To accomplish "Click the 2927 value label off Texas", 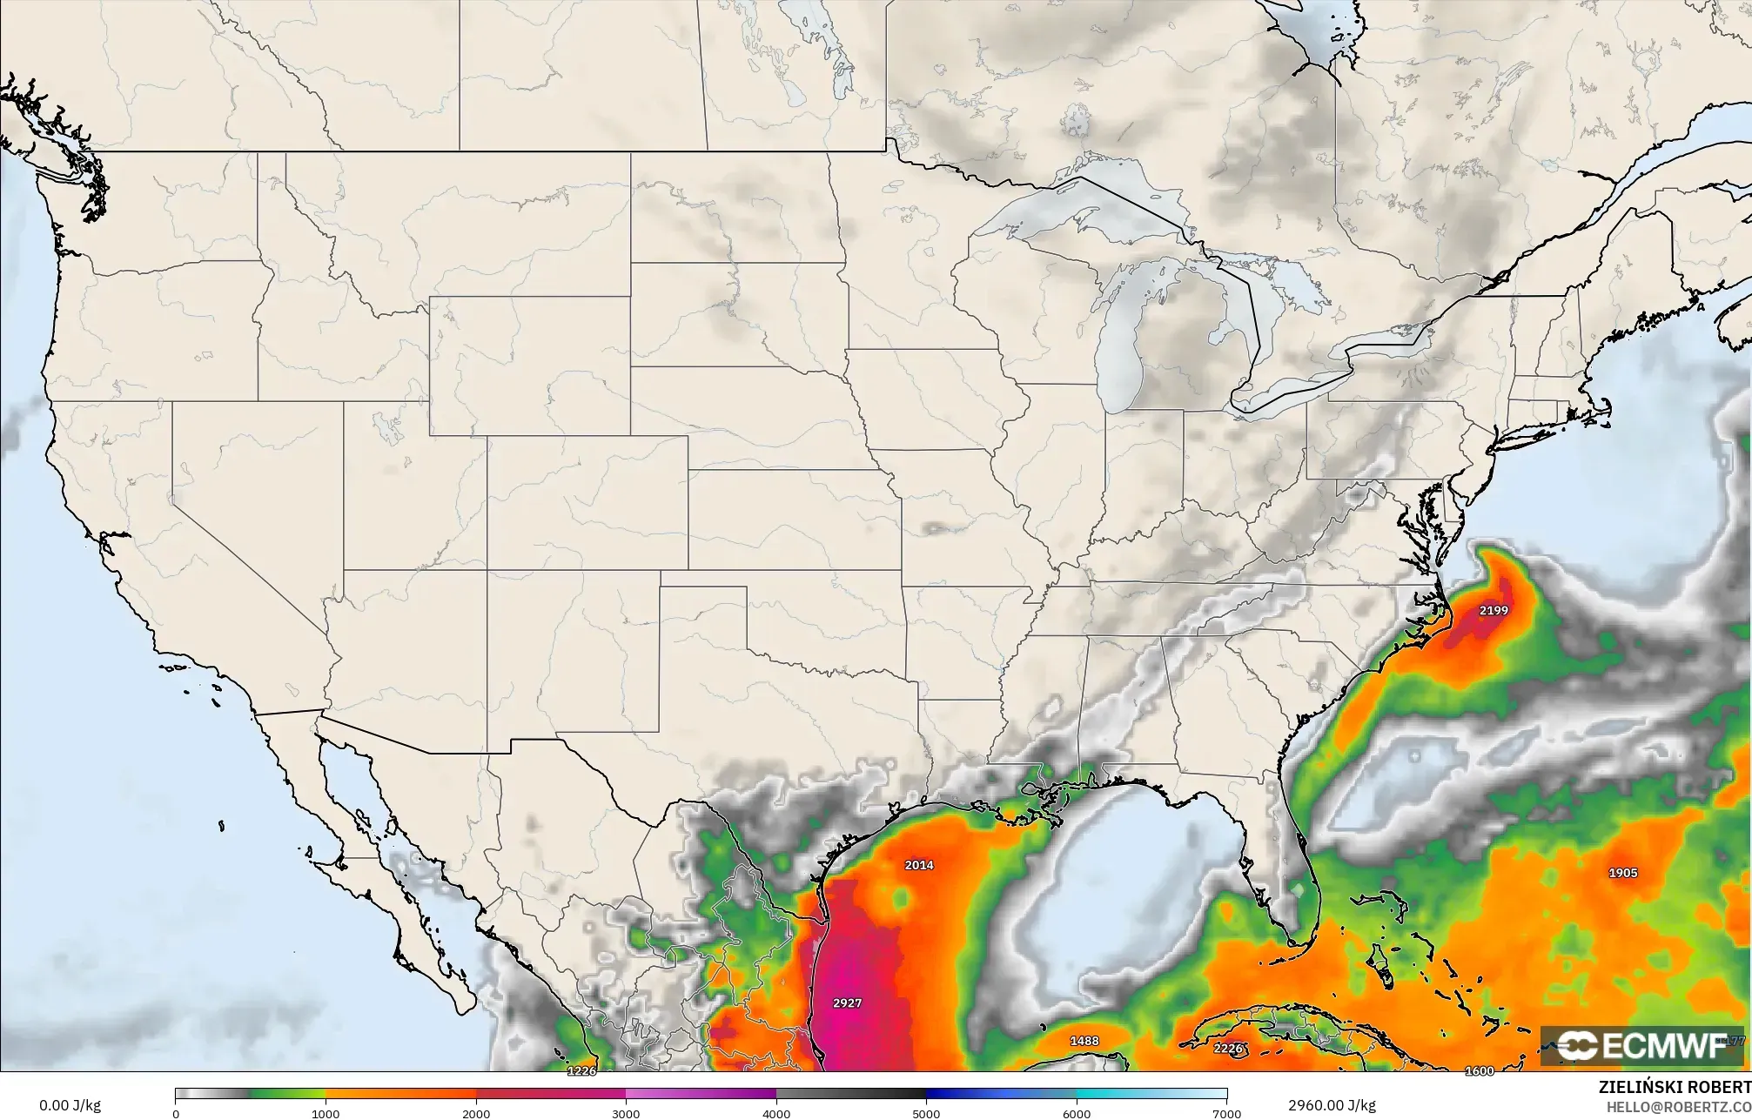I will [847, 1003].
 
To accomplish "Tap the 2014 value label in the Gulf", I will [919, 865].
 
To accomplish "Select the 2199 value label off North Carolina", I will [1494, 611].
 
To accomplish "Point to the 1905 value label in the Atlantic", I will [1623, 873].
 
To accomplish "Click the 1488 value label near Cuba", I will [1084, 1041].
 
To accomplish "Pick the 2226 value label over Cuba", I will [1227, 1049].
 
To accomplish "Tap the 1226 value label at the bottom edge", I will [581, 1071].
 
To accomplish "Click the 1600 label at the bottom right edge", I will [1480, 1071].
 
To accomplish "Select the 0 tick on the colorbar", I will [176, 1113].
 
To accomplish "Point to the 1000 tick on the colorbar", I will [326, 1113].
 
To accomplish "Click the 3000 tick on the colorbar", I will [626, 1113].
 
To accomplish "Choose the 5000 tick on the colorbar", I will [926, 1113].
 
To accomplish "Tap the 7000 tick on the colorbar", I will [1226, 1113].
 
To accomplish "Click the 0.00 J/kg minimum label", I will [70, 1106].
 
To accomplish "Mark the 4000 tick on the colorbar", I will [776, 1113].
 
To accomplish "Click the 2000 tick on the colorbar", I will [476, 1113].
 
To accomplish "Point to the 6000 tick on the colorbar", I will [1077, 1113].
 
